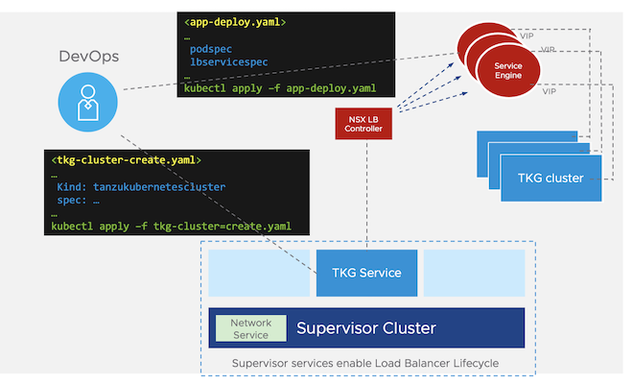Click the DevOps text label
click(x=89, y=57)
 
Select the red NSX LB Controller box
click(x=364, y=123)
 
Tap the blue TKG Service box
click(x=366, y=273)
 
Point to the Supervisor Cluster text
click(x=365, y=328)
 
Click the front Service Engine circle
click(x=507, y=69)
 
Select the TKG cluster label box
click(x=550, y=179)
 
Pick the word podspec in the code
click(x=211, y=49)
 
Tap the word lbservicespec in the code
click(x=228, y=62)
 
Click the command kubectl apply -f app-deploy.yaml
click(x=279, y=88)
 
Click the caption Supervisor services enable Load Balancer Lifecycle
click(x=366, y=364)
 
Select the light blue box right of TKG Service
click(x=474, y=273)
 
